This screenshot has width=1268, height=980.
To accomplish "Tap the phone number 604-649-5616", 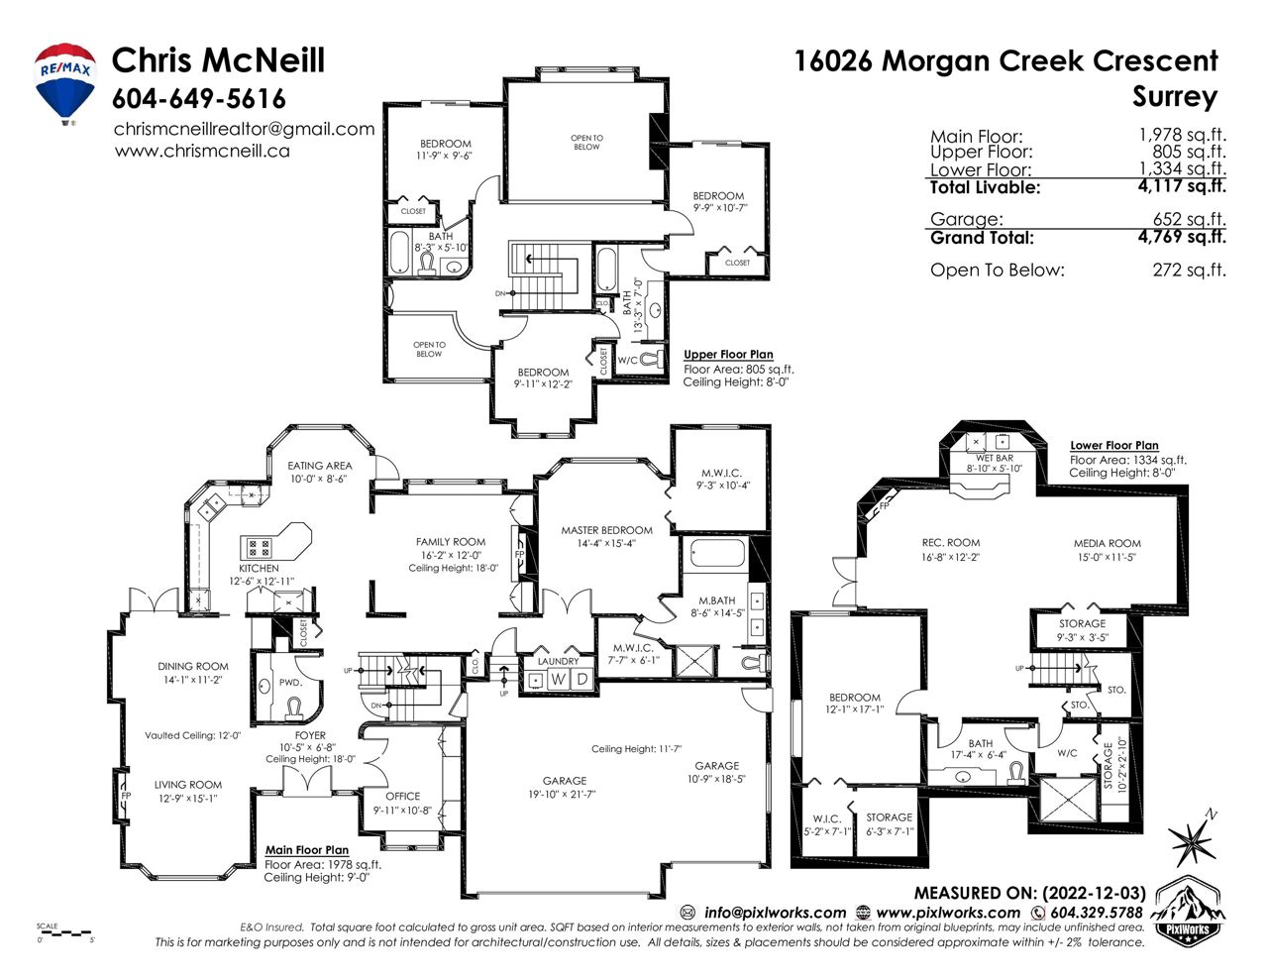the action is [198, 99].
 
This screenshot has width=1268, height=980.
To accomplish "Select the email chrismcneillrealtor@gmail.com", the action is [245, 129].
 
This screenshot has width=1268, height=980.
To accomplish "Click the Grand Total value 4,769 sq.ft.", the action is [1182, 237].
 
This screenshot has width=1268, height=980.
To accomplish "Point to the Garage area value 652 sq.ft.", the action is [1189, 219].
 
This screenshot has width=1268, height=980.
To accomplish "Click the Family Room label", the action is [451, 542].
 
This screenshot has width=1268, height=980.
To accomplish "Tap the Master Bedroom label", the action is [607, 530].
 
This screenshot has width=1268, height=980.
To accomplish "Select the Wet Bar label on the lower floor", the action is [995, 458].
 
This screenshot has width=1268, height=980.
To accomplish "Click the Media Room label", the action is [1107, 543].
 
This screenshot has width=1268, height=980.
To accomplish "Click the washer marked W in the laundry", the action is [558, 679].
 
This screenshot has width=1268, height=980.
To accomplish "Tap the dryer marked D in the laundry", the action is [581, 679].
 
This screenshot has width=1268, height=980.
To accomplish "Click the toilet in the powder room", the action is [292, 707].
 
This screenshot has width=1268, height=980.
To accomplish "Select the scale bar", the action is [64, 933].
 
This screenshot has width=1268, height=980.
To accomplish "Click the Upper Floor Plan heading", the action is [728, 355].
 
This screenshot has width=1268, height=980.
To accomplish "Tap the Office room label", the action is [402, 796].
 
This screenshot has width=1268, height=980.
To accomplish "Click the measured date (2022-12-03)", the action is [1095, 893].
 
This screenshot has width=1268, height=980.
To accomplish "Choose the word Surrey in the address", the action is [1175, 96].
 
